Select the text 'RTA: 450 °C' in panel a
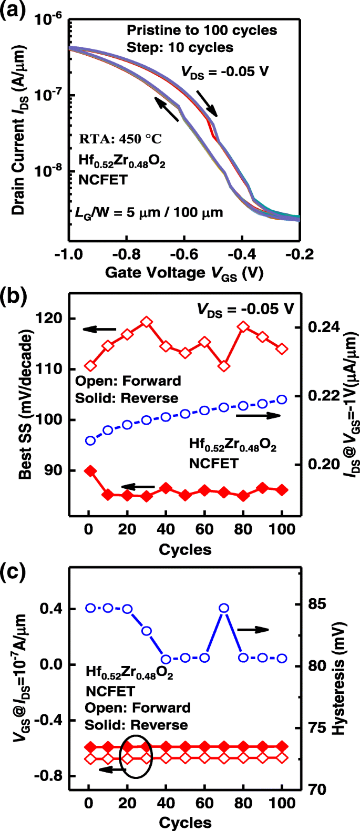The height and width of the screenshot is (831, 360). [120, 139]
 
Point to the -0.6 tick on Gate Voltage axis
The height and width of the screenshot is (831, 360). [185, 254]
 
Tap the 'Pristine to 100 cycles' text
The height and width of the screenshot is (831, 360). [202, 30]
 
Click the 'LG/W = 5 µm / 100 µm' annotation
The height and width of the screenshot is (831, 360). [149, 212]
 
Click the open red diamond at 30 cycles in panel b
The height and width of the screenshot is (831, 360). [147, 322]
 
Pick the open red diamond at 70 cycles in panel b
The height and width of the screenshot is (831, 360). [224, 366]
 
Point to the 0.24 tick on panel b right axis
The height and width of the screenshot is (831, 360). [323, 327]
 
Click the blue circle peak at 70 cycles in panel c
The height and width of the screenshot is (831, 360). [224, 608]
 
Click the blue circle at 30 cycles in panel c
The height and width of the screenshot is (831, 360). [147, 631]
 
